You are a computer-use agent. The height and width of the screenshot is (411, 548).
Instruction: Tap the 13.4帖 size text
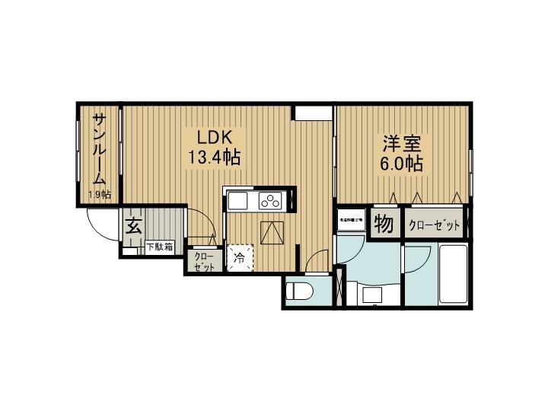pyautogui.click(x=215, y=158)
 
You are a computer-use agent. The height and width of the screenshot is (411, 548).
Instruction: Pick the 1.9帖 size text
pyautogui.click(x=100, y=195)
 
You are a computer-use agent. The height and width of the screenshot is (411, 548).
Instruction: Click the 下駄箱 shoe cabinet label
pyautogui.click(x=159, y=247)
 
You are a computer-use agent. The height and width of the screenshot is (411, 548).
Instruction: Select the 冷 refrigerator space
pyautogui.click(x=239, y=258)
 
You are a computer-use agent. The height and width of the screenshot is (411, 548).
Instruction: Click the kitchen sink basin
pyautogui.click(x=237, y=201)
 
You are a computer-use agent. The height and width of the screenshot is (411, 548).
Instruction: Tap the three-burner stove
pyautogui.click(x=270, y=201)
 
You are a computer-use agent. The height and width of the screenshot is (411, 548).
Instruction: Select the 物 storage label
pyautogui.click(x=384, y=225)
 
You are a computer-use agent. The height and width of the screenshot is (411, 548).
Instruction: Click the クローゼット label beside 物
pyautogui.click(x=435, y=225)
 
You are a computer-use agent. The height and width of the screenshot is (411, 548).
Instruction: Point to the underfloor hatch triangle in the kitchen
pyautogui.click(x=272, y=231)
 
